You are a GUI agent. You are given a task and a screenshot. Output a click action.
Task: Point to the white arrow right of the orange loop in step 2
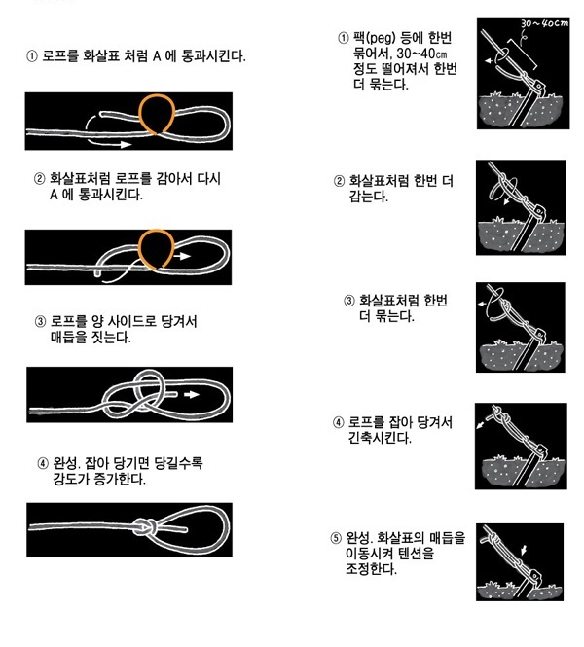182,256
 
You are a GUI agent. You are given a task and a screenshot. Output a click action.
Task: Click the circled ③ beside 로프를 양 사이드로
40,321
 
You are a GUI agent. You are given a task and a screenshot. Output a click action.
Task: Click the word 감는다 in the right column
369,198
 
